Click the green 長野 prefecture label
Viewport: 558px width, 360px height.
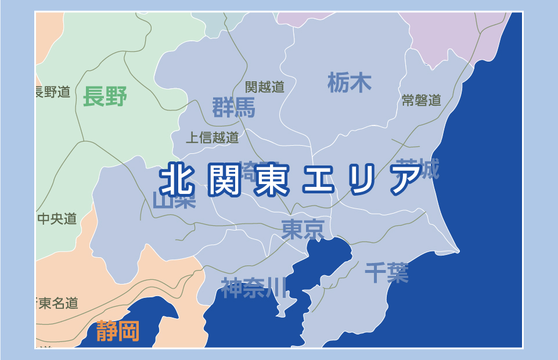(x=105, y=96)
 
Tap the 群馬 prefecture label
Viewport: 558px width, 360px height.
(x=233, y=107)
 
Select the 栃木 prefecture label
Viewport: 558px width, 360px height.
(x=349, y=82)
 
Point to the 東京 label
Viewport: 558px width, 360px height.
(x=303, y=229)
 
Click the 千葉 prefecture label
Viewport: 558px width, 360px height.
(x=387, y=272)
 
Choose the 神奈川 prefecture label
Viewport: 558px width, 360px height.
(x=254, y=287)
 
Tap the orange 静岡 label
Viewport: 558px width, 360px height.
(x=118, y=331)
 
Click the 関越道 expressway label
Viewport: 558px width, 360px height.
(x=265, y=87)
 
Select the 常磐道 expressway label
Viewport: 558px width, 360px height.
(x=422, y=100)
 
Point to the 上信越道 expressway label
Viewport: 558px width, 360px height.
(x=212, y=138)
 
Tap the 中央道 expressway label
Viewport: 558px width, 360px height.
(x=57, y=219)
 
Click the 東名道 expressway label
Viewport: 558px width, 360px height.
(x=57, y=303)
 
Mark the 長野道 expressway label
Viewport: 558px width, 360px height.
(x=53, y=92)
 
